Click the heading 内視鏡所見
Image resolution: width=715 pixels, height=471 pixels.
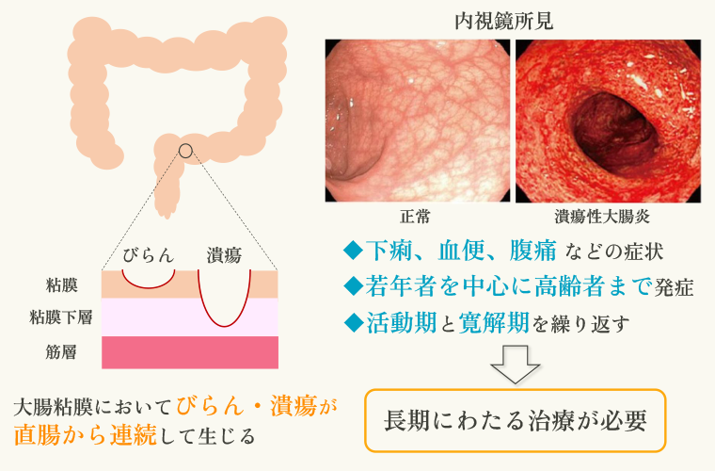(504, 21)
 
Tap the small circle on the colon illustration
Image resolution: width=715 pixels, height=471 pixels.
(185, 151)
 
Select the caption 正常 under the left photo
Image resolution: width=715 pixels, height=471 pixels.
(415, 217)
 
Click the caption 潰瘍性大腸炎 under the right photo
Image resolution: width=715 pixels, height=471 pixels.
(602, 217)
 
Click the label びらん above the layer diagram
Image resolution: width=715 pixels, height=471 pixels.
(149, 254)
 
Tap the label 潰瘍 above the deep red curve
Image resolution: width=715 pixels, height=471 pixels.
(224, 254)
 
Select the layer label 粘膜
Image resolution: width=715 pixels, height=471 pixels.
(62, 285)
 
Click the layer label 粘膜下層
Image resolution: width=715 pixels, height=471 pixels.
(61, 317)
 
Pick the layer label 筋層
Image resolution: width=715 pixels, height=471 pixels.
(61, 352)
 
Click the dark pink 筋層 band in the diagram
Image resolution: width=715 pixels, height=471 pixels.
(190, 352)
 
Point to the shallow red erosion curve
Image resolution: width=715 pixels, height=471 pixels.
(149, 288)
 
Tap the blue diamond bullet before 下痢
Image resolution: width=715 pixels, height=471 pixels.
(353, 251)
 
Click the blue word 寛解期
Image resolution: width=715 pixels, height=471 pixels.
(493, 322)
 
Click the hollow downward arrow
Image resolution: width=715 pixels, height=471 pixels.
(516, 365)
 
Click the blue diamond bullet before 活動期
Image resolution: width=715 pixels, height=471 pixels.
(353, 322)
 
